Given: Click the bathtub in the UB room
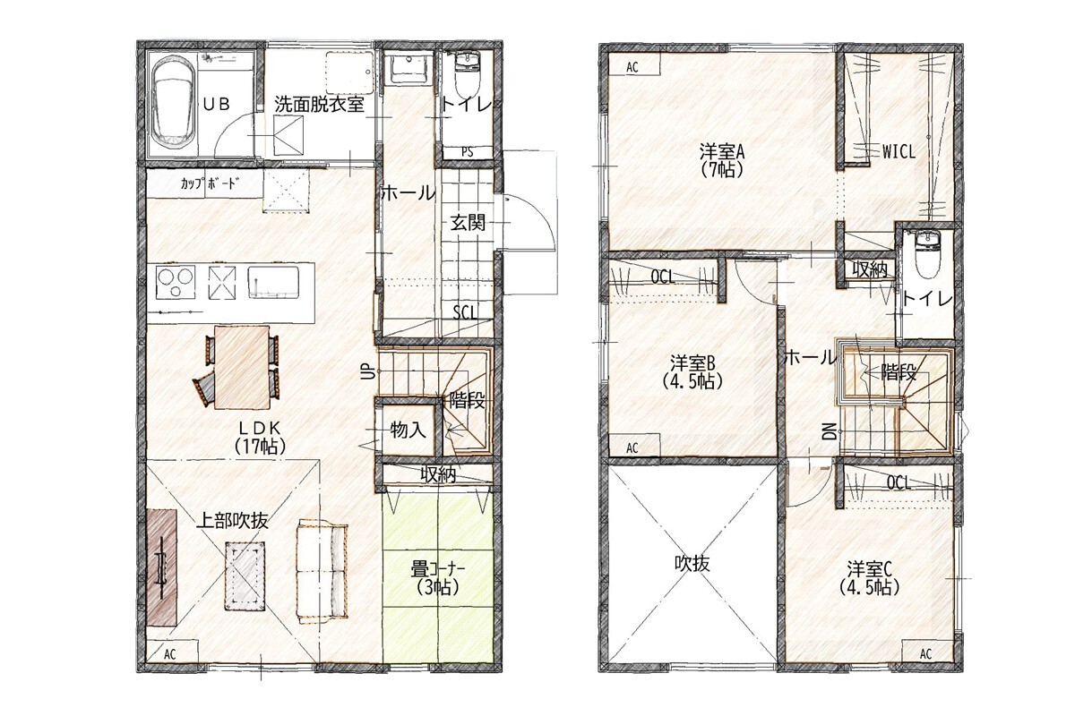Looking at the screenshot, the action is pyautogui.click(x=174, y=103).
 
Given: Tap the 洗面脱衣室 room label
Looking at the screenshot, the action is pyautogui.click(x=319, y=104).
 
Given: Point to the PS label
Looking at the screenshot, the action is pyautogui.click(x=467, y=152).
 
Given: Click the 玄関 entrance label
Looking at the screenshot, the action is pyautogui.click(x=468, y=223).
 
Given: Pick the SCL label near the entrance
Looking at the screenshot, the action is pyautogui.click(x=465, y=312).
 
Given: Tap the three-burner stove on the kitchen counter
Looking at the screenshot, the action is pyautogui.click(x=176, y=282).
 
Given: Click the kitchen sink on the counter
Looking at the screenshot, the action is pyautogui.click(x=273, y=282).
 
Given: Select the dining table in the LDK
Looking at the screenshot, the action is pyautogui.click(x=242, y=367).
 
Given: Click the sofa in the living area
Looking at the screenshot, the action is pyautogui.click(x=322, y=571).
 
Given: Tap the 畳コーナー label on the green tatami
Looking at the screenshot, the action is pyautogui.click(x=438, y=570).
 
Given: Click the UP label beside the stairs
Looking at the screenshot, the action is pyautogui.click(x=370, y=371).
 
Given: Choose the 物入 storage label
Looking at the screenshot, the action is pyautogui.click(x=408, y=430).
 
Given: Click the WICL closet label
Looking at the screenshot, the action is pyautogui.click(x=899, y=152).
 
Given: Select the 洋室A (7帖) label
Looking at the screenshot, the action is pyautogui.click(x=721, y=161).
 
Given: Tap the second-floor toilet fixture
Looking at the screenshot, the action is pyautogui.click(x=926, y=255).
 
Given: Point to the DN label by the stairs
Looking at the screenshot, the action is pyautogui.click(x=830, y=431).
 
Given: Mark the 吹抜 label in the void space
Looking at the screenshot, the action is pyautogui.click(x=692, y=564).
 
